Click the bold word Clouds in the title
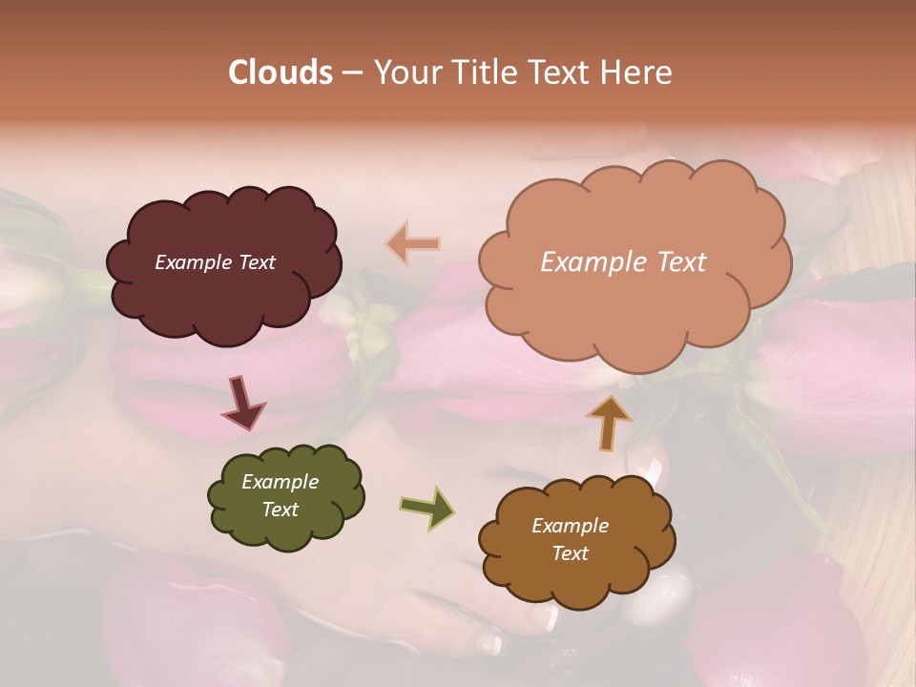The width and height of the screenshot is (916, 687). point(281,73)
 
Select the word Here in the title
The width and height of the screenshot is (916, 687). point(639,73)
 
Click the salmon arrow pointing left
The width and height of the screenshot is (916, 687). point(413,243)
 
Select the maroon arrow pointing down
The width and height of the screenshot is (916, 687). point(243,404)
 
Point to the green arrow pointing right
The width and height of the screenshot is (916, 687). point(427,507)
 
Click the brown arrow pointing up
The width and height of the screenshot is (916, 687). point(608,421)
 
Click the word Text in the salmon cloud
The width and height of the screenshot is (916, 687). point(677,262)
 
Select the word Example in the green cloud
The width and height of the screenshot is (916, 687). point(280,482)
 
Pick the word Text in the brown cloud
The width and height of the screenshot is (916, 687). point(570,553)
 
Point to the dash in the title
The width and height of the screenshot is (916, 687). point(351,73)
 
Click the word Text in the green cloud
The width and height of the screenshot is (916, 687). point(280,510)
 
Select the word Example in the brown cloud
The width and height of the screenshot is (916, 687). point(570,526)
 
